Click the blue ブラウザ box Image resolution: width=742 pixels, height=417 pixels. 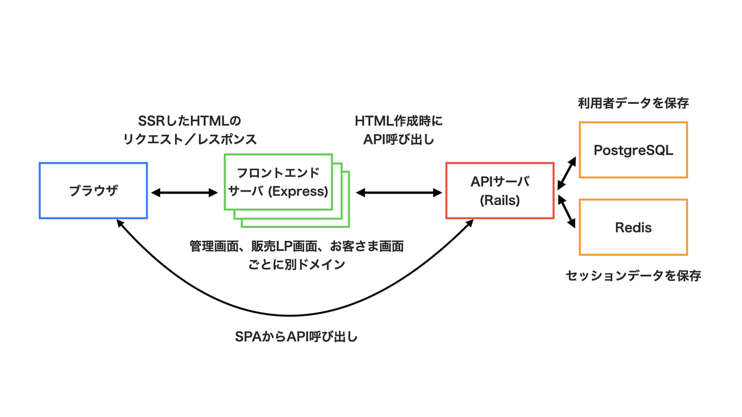(x=93, y=190)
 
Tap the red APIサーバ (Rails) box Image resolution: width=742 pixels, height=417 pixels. (x=500, y=190)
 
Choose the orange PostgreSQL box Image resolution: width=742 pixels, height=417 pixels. (x=633, y=150)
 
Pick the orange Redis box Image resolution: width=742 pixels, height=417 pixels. (x=633, y=227)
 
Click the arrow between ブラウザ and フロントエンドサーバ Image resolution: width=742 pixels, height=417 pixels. (x=185, y=193)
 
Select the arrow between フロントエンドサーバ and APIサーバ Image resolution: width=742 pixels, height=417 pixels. (x=398, y=193)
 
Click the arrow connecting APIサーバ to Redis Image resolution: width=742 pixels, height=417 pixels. (x=566, y=212)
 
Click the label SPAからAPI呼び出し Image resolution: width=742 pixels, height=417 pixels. (x=297, y=337)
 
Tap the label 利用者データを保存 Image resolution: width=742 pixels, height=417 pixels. (x=633, y=103)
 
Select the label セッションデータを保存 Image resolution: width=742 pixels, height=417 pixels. (x=633, y=276)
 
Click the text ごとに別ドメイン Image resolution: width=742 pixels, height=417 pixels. (x=296, y=264)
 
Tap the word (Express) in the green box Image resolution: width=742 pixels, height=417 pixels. (x=301, y=192)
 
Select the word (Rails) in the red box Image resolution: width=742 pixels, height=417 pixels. (x=500, y=200)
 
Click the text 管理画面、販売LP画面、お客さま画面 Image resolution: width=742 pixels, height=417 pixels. (x=296, y=246)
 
